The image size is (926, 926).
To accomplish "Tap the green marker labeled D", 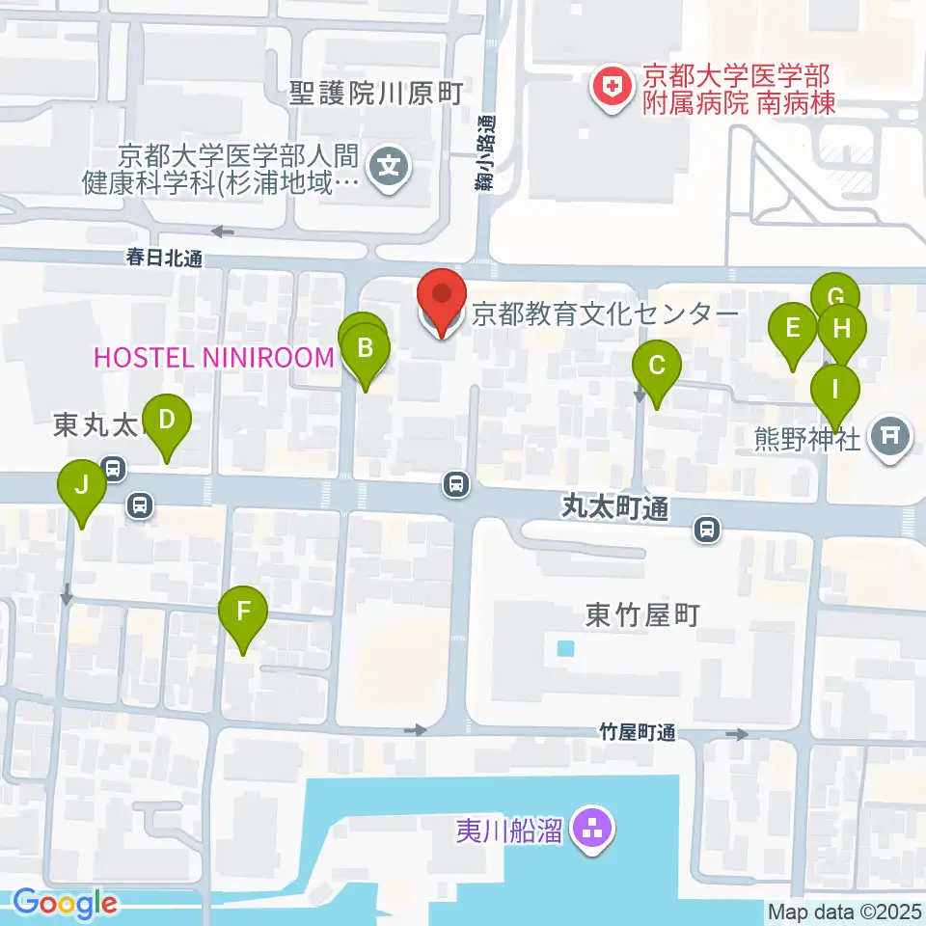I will (x=167, y=421).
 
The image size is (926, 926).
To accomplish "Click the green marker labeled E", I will (x=793, y=328).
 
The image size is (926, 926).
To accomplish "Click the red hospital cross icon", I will (x=610, y=90).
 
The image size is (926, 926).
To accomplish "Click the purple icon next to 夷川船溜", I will (x=588, y=828).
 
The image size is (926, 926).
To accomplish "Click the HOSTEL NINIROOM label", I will (x=213, y=358).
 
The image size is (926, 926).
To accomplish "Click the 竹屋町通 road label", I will (x=636, y=734).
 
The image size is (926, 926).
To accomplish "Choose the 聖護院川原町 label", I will (x=377, y=95).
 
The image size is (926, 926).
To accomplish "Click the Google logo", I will (x=66, y=904).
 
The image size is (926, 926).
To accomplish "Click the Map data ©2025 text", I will (x=844, y=911).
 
